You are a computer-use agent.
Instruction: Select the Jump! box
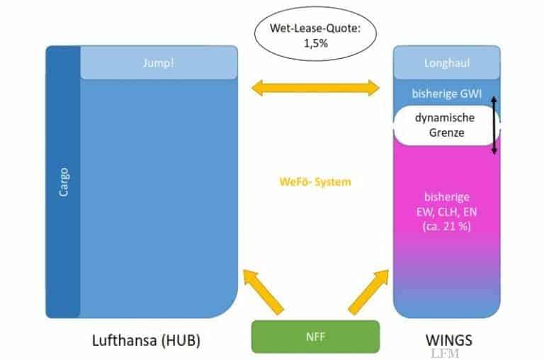pyautogui.click(x=158, y=63)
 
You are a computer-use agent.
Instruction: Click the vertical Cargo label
pyautogui.click(x=63, y=181)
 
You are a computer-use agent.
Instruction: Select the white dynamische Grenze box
pyautogui.click(x=446, y=125)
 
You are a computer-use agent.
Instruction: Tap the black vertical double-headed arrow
pyautogui.click(x=494, y=126)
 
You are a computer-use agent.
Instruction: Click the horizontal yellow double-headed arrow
pyautogui.click(x=315, y=88)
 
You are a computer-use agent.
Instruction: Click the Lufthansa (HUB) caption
pyautogui.click(x=147, y=339)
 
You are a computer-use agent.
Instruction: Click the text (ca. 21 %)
pyautogui.click(x=446, y=226)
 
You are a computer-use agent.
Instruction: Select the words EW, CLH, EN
pyautogui.click(x=446, y=212)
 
